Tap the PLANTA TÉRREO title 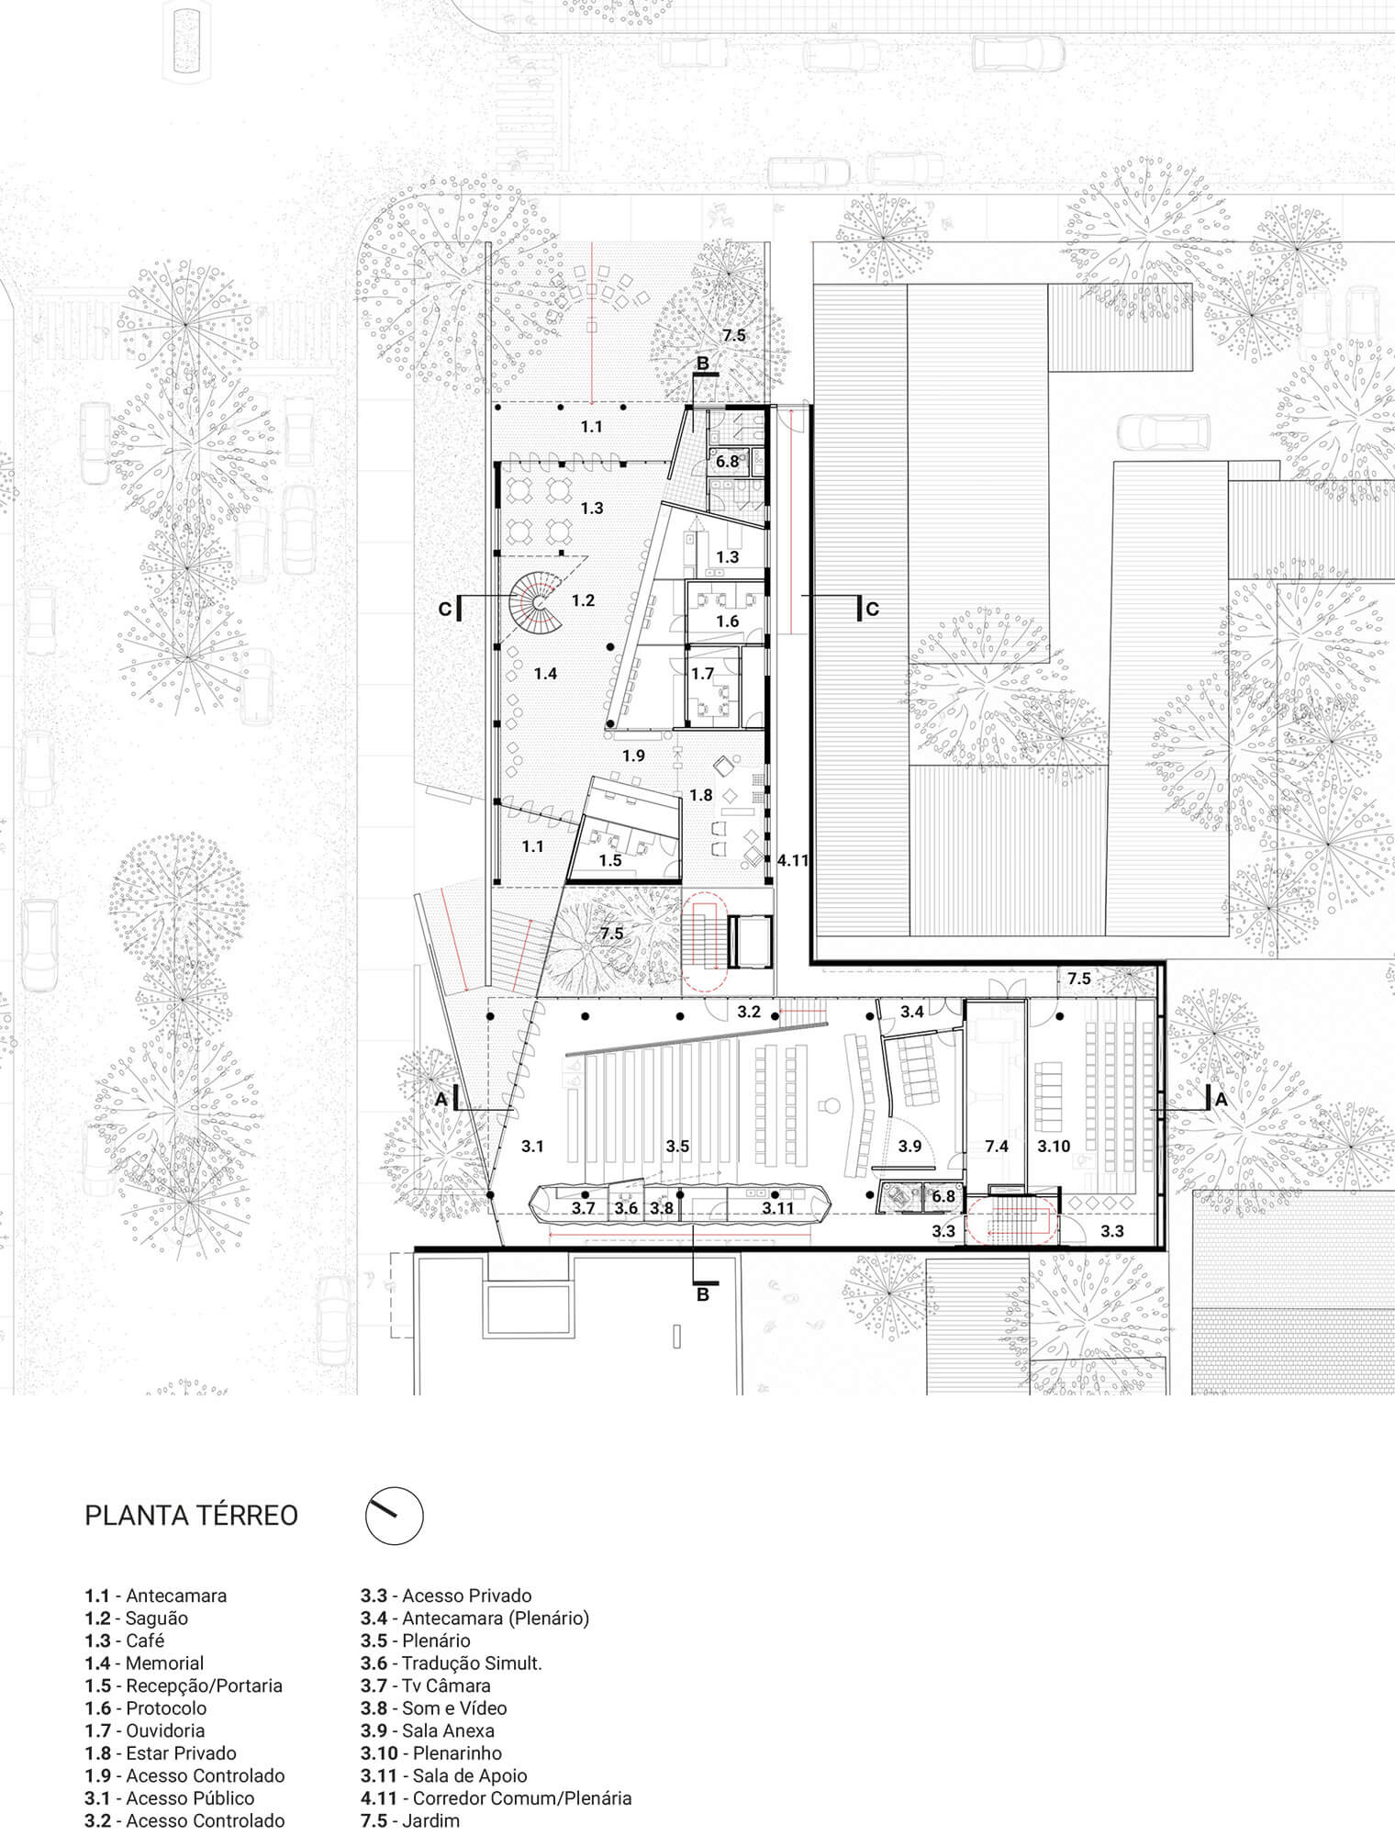192,1515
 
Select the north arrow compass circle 395,1516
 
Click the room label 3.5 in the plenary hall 677,1147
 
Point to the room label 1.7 703,674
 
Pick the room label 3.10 1054,1147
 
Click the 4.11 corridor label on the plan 792,860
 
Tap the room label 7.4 996,1147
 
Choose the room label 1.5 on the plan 610,860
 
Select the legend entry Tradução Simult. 452,1663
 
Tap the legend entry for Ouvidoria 145,1730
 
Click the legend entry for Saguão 137,1618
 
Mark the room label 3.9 910,1147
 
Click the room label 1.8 701,796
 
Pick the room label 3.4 912,1012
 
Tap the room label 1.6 728,621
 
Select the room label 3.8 662,1209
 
